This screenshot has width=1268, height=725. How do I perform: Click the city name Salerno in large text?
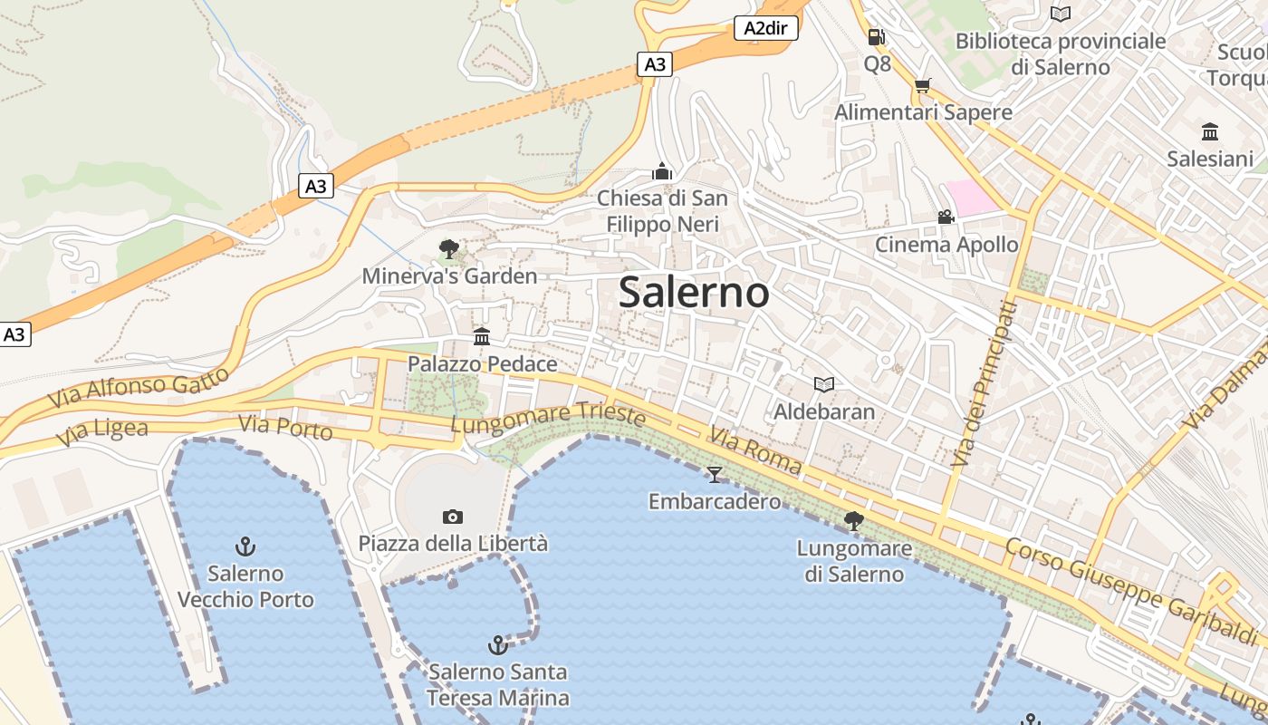pos(694,292)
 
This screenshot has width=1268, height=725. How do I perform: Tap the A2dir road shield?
pos(765,28)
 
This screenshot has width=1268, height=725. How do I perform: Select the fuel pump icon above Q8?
pos(876,37)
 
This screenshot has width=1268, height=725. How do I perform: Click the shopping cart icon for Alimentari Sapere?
pos(922,86)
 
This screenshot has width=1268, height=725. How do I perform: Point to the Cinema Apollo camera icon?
pos(946,217)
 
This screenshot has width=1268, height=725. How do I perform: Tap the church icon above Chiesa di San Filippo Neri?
pos(662,171)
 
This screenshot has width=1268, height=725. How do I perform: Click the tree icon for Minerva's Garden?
pos(448,249)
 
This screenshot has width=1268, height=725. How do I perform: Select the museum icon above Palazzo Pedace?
pos(482,337)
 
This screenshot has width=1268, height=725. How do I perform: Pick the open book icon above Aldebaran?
pos(823,385)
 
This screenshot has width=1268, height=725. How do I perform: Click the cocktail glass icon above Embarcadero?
pos(715,474)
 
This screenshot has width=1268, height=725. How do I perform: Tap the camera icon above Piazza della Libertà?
pos(453,517)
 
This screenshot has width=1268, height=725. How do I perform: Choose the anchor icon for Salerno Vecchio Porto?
pos(245,546)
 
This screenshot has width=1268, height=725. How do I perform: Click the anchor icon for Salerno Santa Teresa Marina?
pos(497,644)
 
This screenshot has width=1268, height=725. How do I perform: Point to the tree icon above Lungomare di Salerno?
pos(853,521)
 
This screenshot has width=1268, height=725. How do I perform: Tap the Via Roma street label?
pos(755,451)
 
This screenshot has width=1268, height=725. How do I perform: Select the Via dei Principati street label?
pos(984,383)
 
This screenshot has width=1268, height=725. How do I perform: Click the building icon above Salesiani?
pos(1210,132)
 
